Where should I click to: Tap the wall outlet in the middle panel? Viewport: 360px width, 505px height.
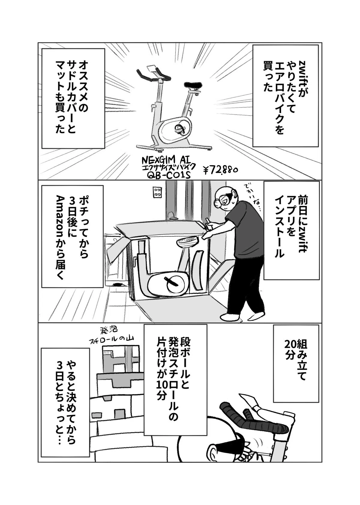[x=156, y=192]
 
